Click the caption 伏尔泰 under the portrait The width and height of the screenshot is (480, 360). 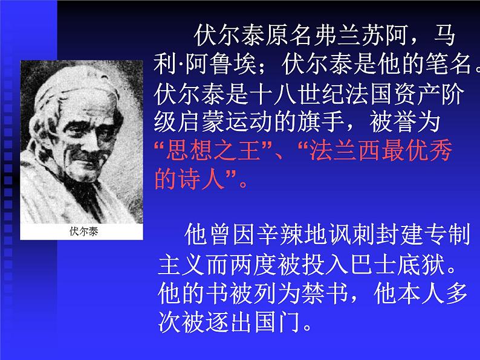tap(83, 231)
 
